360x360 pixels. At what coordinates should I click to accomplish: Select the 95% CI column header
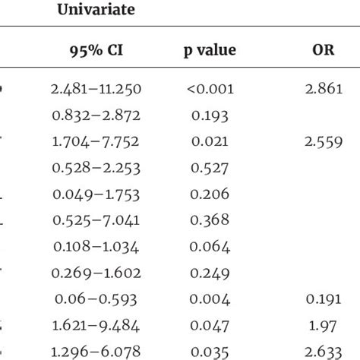tap(96, 51)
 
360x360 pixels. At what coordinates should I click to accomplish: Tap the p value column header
tap(209, 51)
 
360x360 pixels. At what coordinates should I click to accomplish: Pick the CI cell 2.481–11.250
tap(96, 90)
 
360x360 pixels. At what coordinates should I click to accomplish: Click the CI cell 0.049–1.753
tap(96, 195)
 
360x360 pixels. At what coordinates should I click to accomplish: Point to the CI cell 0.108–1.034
tap(96, 245)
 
